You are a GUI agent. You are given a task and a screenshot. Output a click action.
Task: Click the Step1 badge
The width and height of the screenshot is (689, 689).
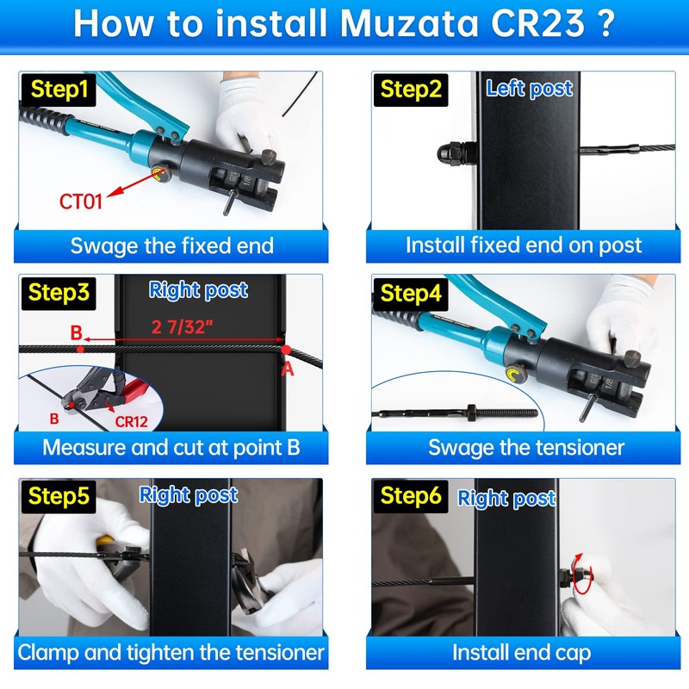(x=59, y=90)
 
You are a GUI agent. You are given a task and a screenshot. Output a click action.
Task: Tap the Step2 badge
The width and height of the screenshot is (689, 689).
(x=411, y=90)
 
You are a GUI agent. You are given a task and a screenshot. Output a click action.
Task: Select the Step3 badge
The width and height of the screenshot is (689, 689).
(x=59, y=293)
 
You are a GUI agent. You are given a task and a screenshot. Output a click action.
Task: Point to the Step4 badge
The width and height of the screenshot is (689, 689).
(x=411, y=293)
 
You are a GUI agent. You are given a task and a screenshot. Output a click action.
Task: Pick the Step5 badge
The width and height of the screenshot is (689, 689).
(x=59, y=496)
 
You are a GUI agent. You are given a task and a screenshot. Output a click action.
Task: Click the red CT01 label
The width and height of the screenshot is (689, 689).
(x=81, y=202)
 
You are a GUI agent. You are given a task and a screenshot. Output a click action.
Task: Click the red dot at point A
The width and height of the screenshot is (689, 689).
(x=285, y=351)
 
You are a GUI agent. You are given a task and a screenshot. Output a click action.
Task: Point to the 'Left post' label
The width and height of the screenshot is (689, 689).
(x=529, y=88)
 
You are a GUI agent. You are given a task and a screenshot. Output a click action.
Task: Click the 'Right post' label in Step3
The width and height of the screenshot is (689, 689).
(x=198, y=290)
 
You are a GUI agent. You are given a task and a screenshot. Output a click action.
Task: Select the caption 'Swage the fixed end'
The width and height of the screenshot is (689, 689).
(x=171, y=245)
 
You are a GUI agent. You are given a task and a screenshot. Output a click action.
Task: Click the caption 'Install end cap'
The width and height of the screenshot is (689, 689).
(x=522, y=652)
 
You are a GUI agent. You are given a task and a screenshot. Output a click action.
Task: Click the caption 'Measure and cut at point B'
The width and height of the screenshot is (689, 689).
(x=171, y=448)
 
